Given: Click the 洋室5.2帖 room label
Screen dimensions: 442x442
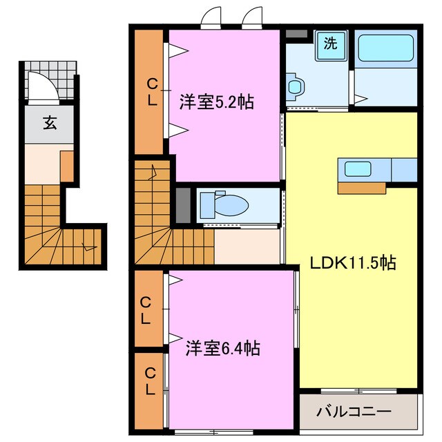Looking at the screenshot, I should [216, 102].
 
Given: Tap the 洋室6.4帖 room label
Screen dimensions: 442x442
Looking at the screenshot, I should [222, 349].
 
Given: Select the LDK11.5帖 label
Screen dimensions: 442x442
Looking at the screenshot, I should [352, 262].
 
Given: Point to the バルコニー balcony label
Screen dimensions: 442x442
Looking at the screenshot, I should [354, 412].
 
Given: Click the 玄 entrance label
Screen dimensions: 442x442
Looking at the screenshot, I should [50, 124].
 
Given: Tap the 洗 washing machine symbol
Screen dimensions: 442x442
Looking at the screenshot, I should [331, 44].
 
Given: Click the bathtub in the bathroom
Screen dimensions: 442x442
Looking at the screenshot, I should [386, 49].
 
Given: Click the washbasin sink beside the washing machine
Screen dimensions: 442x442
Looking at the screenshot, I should [296, 86].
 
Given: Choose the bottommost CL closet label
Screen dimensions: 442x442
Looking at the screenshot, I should [148, 381].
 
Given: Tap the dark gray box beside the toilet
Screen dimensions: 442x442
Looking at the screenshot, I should [183, 204].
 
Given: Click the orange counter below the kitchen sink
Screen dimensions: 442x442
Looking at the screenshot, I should [361, 187].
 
